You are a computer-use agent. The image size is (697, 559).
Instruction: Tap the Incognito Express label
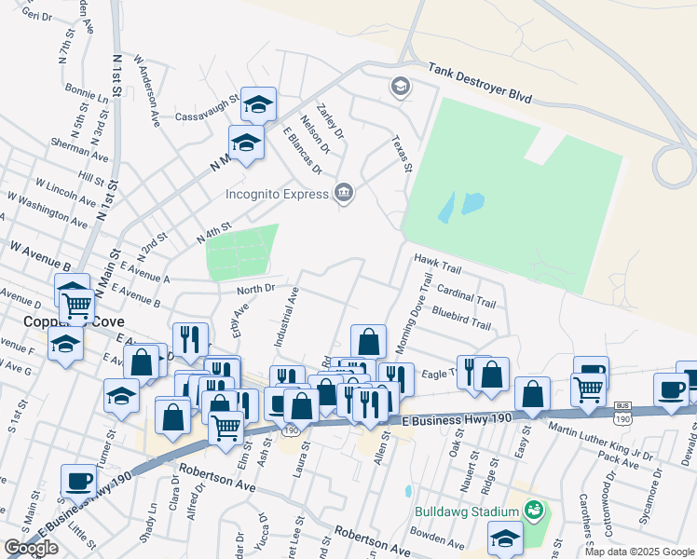[x=278, y=194]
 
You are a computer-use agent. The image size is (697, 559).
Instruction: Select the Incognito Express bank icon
[x=344, y=193]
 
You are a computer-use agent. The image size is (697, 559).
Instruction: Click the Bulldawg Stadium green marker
[x=534, y=511]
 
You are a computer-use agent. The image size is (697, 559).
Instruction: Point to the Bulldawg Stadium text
[x=468, y=511]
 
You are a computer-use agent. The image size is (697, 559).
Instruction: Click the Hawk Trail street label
[x=438, y=265]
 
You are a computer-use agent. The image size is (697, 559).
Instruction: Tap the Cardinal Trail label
[x=466, y=296]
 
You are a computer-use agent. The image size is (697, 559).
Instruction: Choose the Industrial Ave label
[x=284, y=317]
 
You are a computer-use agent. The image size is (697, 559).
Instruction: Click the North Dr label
[x=256, y=289]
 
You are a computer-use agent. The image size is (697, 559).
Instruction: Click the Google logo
[x=31, y=548]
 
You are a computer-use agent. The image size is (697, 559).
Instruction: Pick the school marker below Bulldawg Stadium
[x=505, y=539]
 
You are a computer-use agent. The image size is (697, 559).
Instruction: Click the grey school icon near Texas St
[x=400, y=87]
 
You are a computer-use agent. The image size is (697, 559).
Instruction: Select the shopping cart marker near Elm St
[x=225, y=427]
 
